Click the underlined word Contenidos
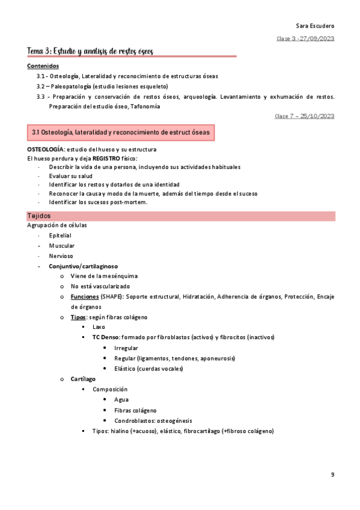click(43, 66)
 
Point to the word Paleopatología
click(69, 86)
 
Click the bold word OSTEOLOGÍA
click(45, 149)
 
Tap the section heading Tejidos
click(39, 215)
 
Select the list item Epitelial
click(60, 236)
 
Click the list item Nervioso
click(61, 256)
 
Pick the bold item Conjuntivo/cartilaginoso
click(84, 266)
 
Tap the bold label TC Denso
click(106, 337)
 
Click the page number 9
click(332, 475)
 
